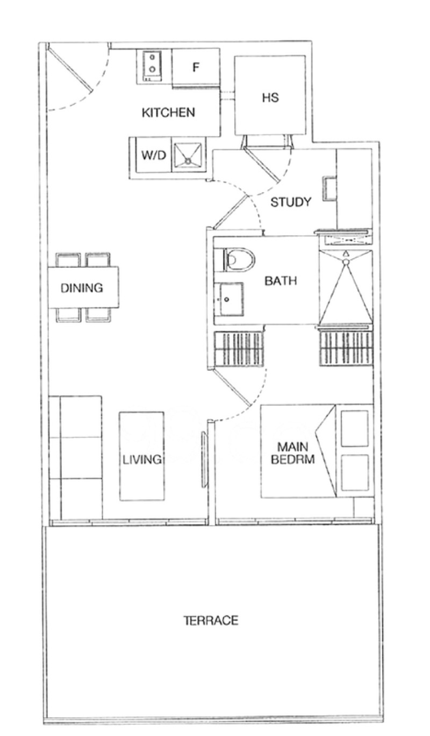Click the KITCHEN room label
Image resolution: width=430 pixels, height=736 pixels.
(168, 113)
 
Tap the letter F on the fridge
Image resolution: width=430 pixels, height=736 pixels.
(196, 68)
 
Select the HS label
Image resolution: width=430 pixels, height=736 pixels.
(270, 98)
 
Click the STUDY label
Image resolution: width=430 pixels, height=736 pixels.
(291, 202)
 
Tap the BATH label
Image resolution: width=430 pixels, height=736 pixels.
(281, 281)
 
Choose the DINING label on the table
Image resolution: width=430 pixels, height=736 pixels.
(82, 288)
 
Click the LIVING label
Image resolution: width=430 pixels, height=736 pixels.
(142, 459)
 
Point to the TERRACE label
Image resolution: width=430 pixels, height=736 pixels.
(211, 620)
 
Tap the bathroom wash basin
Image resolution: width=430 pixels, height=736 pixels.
(229, 299)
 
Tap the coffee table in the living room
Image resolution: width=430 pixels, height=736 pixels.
(142, 456)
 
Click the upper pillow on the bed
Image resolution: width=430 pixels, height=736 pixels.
(355, 428)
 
